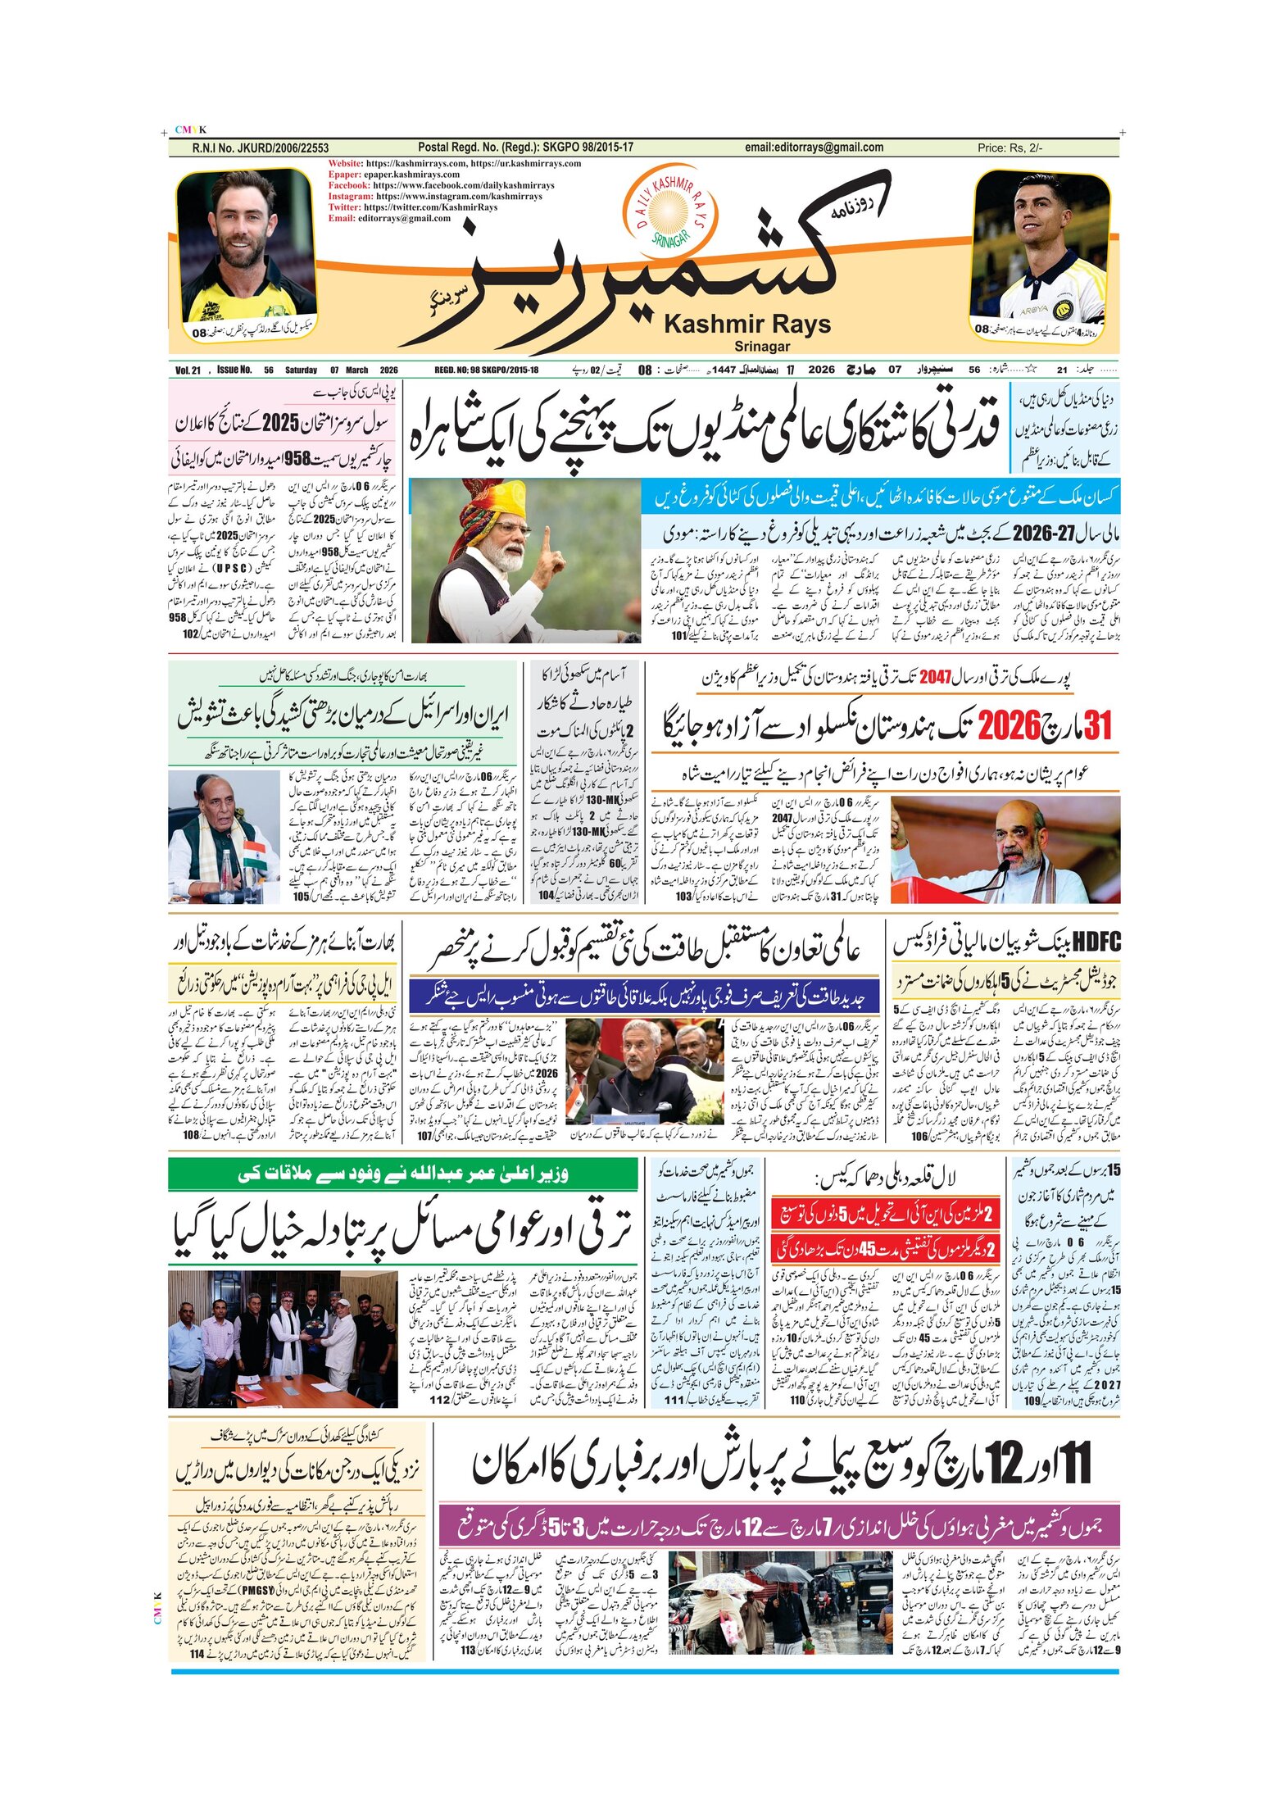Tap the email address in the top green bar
click(814, 148)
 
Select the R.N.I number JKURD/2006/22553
click(261, 148)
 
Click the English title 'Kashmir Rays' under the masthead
click(746, 325)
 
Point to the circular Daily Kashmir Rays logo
click(669, 210)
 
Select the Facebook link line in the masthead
click(441, 185)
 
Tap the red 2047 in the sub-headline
click(934, 677)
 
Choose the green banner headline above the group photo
click(402, 1174)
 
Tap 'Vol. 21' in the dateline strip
click(188, 370)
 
